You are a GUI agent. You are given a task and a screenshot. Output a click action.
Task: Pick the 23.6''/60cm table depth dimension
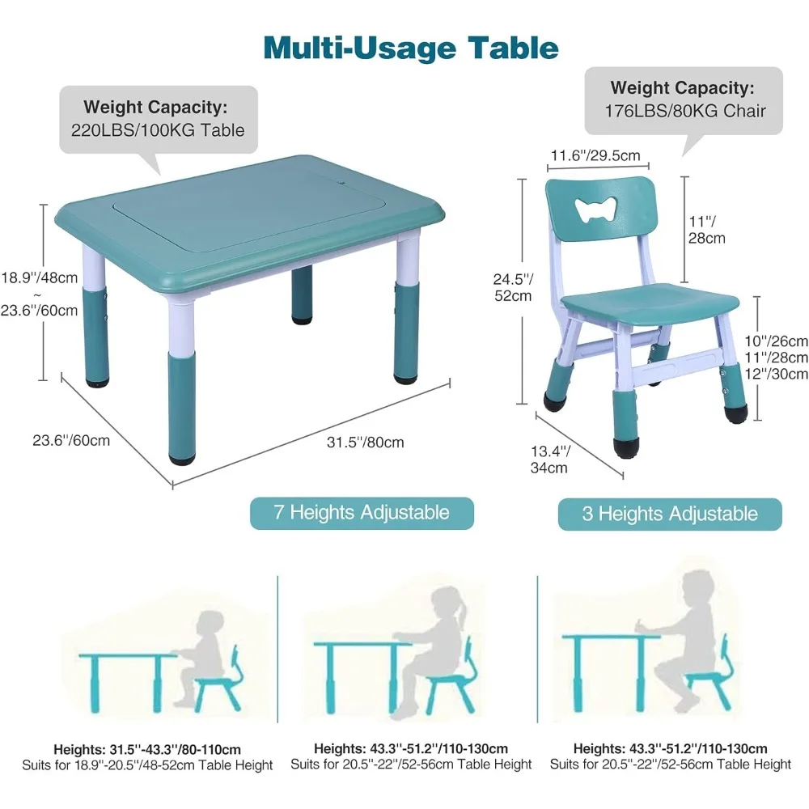[x=71, y=440]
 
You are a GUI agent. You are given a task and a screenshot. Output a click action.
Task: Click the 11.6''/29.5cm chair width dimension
[x=595, y=155]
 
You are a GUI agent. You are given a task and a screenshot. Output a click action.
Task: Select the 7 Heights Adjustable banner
[x=361, y=513]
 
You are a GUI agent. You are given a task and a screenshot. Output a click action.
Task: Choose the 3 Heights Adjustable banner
[x=670, y=514]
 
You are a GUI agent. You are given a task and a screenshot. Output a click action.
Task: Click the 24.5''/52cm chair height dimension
[x=513, y=286]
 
